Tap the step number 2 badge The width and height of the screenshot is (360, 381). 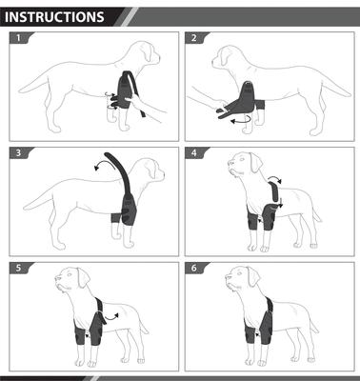[195, 40]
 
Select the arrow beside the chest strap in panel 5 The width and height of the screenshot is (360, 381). [115, 313]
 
